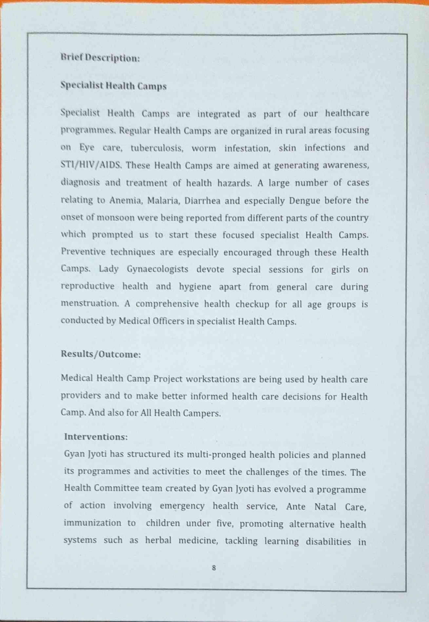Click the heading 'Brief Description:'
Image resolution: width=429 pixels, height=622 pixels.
tap(100, 58)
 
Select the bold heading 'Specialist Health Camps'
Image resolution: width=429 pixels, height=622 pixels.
tap(113, 86)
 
